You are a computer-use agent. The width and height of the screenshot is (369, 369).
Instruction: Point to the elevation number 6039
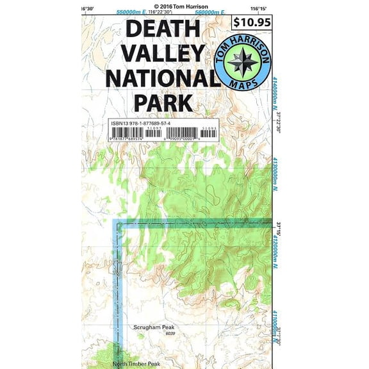click(x=170, y=333)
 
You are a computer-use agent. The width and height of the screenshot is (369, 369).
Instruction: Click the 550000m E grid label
click(x=131, y=12)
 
